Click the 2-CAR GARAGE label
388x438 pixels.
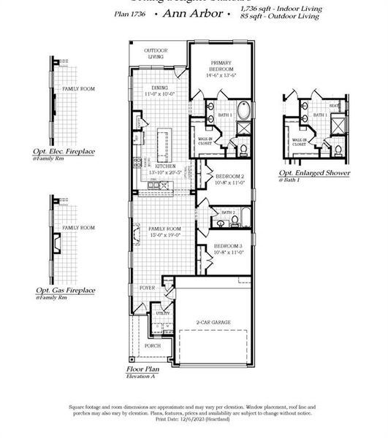214,321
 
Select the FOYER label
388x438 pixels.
148,288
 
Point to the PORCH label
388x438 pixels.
153,345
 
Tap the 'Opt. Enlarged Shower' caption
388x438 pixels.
314,173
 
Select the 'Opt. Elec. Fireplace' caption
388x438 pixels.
64,152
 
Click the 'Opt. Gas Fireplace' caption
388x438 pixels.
64,290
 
